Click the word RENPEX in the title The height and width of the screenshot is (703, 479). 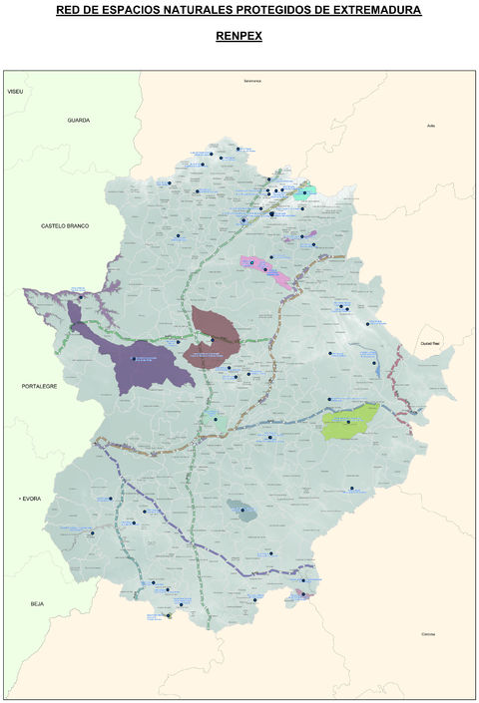point(239,35)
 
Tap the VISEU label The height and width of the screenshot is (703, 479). point(15,91)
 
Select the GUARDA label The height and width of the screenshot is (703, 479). point(78,120)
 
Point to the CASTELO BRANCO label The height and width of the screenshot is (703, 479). point(65,225)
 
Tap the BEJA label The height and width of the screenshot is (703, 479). point(38,603)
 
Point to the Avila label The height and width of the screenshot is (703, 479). point(431,126)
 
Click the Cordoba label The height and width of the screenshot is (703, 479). point(428,634)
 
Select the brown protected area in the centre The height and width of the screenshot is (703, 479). point(213,336)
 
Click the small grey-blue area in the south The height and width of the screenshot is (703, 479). point(241,511)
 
